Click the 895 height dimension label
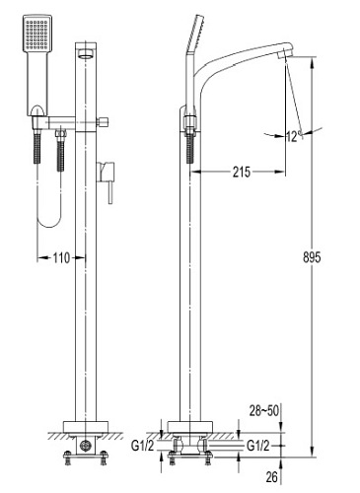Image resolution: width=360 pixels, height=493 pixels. pyautogui.click(x=312, y=257)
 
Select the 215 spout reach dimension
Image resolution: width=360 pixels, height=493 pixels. pyautogui.click(x=242, y=172)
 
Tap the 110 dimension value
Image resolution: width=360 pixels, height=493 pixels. pyautogui.click(x=61, y=258)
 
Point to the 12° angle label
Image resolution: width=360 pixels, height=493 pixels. pyautogui.click(x=294, y=136)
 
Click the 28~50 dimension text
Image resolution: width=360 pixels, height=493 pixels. pyautogui.click(x=263, y=411)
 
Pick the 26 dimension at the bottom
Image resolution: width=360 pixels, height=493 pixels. pyautogui.click(x=271, y=477)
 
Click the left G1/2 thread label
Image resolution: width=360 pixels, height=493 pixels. pyautogui.click(x=142, y=446)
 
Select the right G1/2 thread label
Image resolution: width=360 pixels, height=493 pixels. pyautogui.click(x=258, y=446)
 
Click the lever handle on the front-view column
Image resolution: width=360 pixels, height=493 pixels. pyautogui.click(x=106, y=181)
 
